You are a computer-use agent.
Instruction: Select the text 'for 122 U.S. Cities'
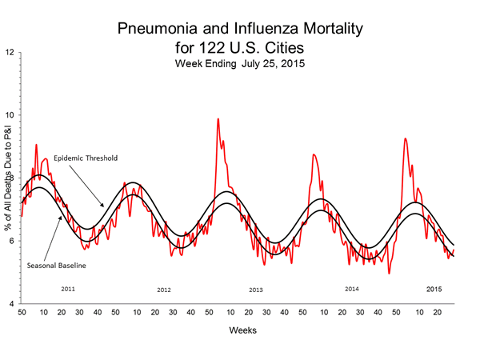240,49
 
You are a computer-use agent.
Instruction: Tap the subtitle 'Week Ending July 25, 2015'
240,65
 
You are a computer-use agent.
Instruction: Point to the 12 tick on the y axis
10,53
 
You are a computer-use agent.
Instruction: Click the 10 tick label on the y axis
10,115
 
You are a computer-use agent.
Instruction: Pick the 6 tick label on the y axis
10,242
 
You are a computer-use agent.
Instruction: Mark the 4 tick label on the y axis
10,305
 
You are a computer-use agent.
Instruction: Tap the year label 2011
68,287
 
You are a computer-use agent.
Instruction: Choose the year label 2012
164,290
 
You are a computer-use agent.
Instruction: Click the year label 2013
256,290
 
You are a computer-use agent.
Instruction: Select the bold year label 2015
434,287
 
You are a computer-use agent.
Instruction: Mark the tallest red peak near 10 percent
218,119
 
